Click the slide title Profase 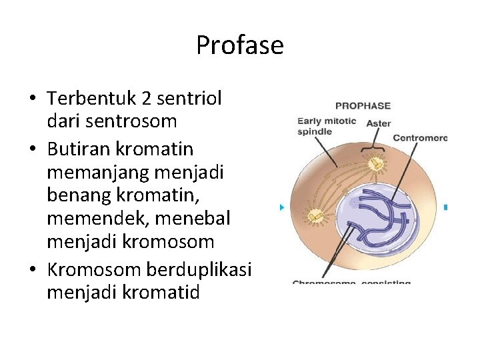tap(239, 45)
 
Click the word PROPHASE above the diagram tap(363, 105)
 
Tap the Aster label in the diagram tap(379, 123)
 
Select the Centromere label tap(420, 138)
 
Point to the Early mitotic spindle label tap(327, 127)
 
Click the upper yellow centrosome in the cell tap(377, 163)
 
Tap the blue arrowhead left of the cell tap(282, 207)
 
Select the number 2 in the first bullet tap(147, 99)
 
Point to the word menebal tap(191, 217)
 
